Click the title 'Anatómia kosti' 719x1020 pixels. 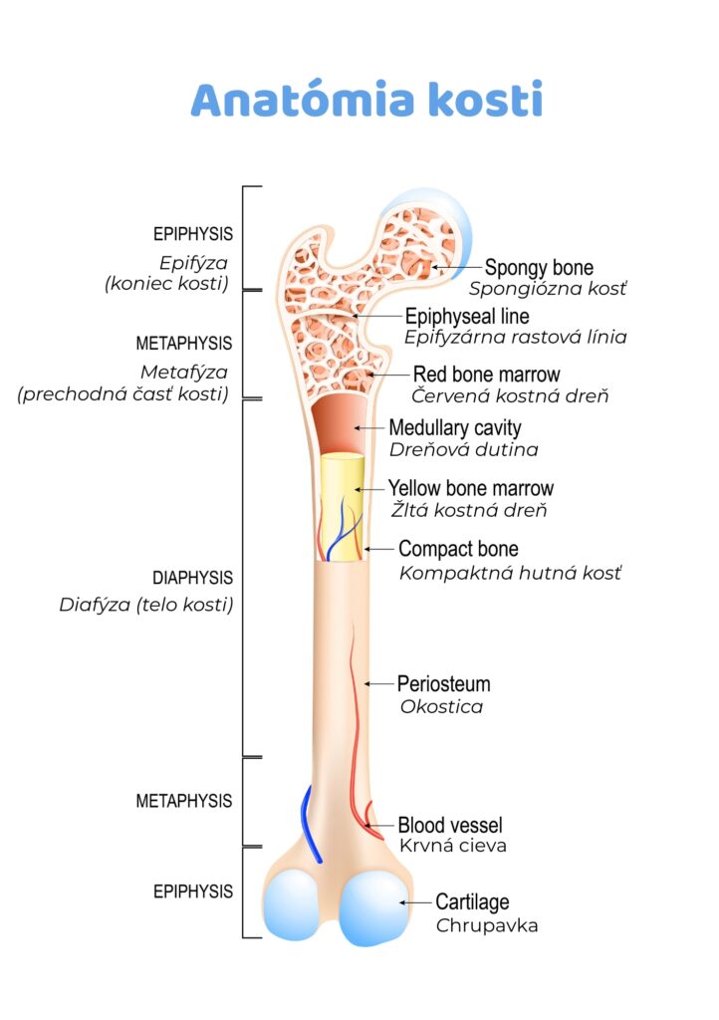click(366, 101)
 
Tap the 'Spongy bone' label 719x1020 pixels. click(539, 268)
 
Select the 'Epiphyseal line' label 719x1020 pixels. click(467, 317)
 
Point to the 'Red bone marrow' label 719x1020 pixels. click(486, 375)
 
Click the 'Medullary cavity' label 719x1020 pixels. click(454, 428)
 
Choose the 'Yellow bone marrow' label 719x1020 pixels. click(470, 489)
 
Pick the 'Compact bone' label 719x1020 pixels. click(458, 549)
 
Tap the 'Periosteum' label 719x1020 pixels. click(443, 684)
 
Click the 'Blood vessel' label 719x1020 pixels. click(450, 825)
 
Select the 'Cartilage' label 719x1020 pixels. click(472, 902)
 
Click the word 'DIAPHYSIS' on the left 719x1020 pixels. click(193, 578)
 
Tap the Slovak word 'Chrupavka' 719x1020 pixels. click(487, 925)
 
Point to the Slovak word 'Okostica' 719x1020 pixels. click(441, 707)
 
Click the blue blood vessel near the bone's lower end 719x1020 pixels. click(311, 827)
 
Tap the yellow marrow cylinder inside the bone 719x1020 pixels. click(342, 508)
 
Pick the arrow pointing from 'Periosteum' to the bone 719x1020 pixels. click(379, 684)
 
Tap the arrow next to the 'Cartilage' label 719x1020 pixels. click(414, 902)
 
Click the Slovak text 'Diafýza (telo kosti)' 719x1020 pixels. click(146, 605)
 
